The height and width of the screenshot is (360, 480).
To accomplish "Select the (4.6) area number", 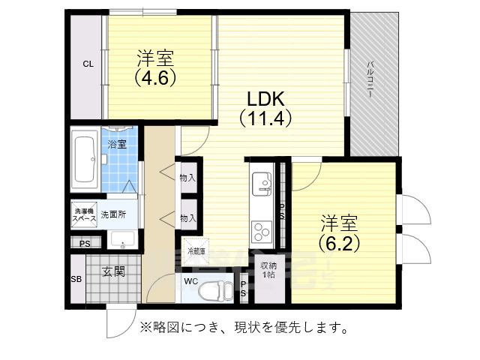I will [155, 76].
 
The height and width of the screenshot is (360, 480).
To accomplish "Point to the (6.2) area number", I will [339, 243].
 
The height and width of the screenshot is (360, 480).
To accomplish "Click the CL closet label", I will [88, 64].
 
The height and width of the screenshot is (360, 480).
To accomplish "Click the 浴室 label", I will [116, 143].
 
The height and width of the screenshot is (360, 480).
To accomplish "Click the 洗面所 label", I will [115, 214].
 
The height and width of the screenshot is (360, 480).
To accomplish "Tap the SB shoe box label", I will [76, 280].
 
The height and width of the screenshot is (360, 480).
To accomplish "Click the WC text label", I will [190, 282].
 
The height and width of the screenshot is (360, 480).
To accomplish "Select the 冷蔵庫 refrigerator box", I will [195, 250].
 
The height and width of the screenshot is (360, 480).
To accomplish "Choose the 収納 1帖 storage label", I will [268, 271].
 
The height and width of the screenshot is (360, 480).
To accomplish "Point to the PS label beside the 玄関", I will [85, 244].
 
